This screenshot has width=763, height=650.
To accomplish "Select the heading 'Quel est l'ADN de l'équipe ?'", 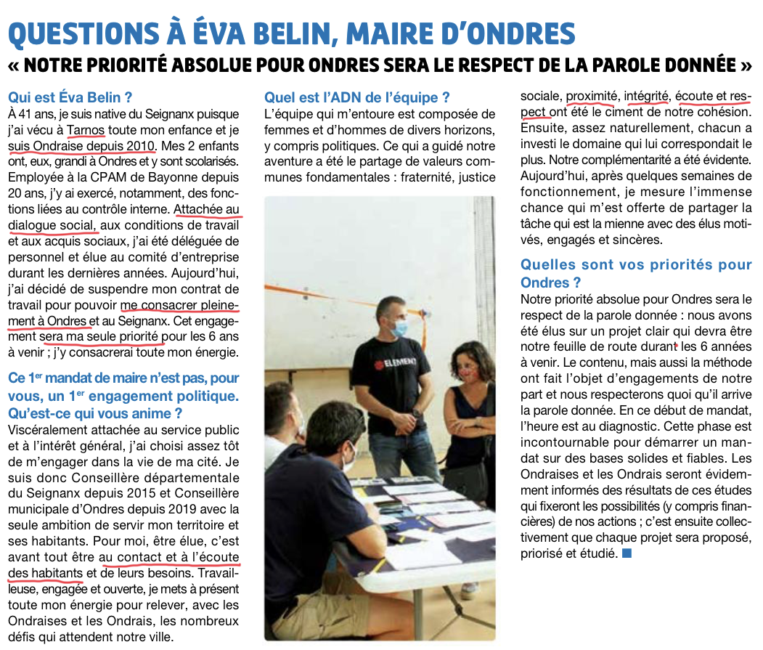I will (x=357, y=97).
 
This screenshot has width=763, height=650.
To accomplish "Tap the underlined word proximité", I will (x=591, y=97).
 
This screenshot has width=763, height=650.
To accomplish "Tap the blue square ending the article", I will (x=627, y=554).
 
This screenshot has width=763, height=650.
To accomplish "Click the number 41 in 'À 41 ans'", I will (x=28, y=115).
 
